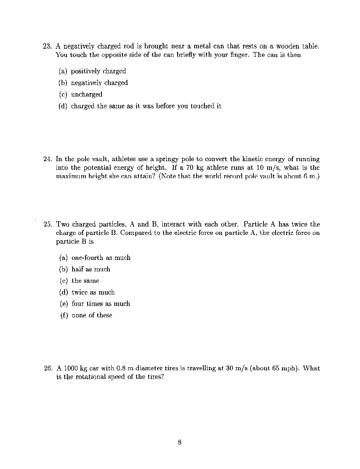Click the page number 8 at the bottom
[179, 442]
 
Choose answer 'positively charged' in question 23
[98, 71]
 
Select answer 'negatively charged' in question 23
[99, 83]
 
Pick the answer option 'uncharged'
[87, 95]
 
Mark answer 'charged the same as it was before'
[146, 106]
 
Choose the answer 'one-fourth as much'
[101, 258]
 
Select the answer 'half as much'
[91, 269]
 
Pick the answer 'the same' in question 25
[85, 281]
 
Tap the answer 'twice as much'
[93, 292]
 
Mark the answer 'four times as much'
[101, 304]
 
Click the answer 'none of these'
[92, 315]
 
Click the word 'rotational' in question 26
[100, 377]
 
